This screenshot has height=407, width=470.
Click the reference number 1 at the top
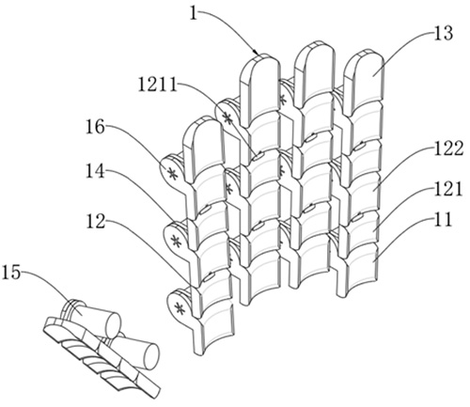[195, 13]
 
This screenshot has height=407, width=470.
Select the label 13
[443, 34]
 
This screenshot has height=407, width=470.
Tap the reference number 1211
[158, 85]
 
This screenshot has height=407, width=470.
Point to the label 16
[95, 127]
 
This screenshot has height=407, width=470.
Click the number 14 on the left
[96, 171]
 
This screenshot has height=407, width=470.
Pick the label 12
[96, 221]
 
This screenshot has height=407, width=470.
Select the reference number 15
[11, 272]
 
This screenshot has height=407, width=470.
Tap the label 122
[448, 149]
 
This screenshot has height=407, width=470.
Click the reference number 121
[448, 189]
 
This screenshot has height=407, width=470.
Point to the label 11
[442, 220]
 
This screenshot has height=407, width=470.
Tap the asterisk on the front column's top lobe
[172, 173]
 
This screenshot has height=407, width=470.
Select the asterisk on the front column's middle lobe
[176, 242]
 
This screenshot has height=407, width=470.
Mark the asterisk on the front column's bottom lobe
[180, 308]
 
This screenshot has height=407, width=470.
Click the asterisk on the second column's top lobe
[227, 118]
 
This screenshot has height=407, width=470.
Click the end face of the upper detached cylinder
[114, 324]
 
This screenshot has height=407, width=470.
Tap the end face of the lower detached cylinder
[151, 355]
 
